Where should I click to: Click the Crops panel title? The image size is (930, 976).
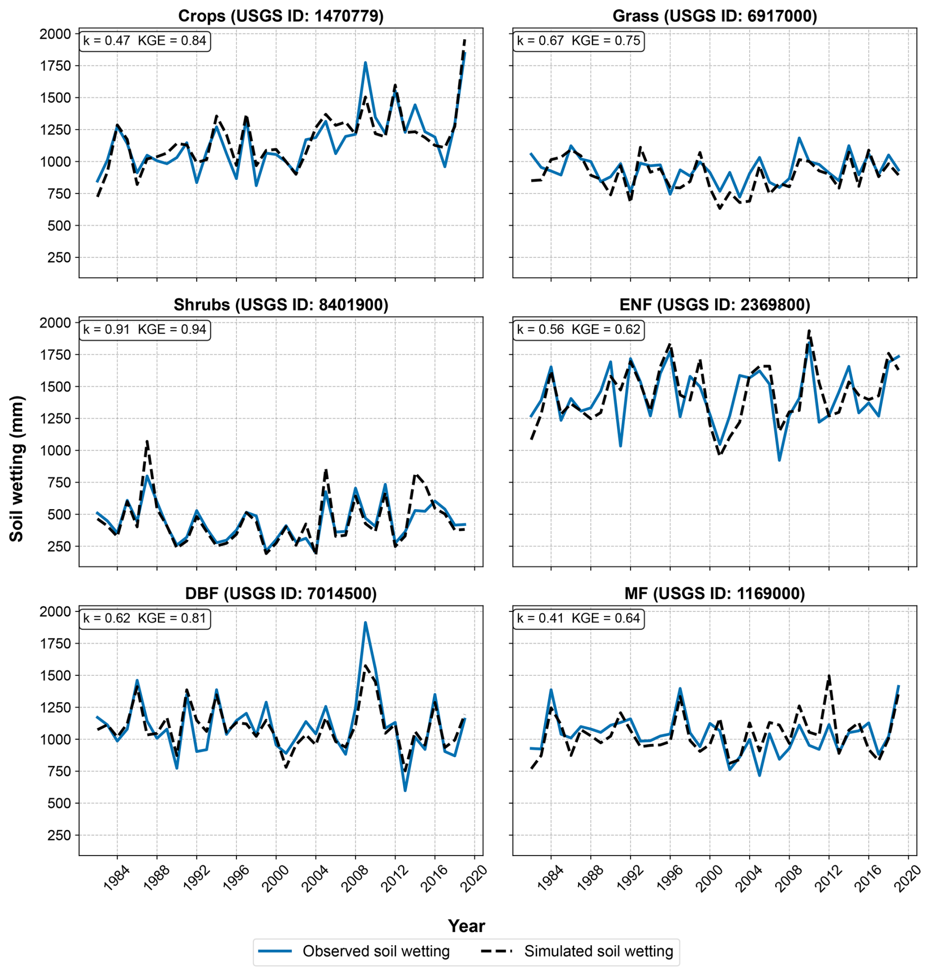pos(281,16)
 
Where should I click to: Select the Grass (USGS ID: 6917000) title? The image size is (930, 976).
pos(714,16)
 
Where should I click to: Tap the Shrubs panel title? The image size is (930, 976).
pos(281,305)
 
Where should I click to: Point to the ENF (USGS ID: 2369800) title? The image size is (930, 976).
pos(714,305)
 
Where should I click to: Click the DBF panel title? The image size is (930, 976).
pos(281,593)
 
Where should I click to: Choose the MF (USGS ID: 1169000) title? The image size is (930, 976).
pos(714,593)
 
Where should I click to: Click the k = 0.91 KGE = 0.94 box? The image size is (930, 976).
pos(145,330)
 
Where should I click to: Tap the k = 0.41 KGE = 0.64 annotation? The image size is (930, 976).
pos(579,618)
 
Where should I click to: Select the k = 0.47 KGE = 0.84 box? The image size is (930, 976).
pos(145,41)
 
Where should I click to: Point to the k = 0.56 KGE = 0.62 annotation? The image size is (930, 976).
pos(579,330)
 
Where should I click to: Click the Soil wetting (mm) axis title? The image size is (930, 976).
pos(17,468)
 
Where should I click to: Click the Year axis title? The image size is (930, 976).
pos(466,925)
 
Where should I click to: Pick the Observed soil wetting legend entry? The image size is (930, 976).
pos(353,951)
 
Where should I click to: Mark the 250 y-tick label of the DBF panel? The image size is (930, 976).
pos(60,835)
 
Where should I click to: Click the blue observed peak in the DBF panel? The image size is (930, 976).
pos(365,623)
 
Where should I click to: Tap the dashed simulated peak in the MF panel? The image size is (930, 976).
pos(829,675)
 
